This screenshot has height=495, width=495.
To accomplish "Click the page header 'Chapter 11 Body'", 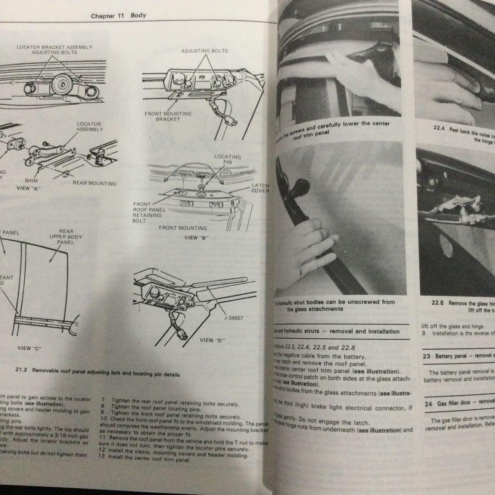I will pyautogui.click(x=118, y=16).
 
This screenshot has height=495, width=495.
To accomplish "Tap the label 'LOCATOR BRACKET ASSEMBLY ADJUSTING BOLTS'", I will pyautogui.click(x=55, y=50).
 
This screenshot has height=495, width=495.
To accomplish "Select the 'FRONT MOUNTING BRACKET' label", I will pyautogui.click(x=168, y=116).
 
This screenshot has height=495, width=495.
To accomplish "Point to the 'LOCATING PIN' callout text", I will pyautogui.click(x=227, y=159).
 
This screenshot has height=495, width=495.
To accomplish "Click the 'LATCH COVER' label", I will pyautogui.click(x=260, y=188).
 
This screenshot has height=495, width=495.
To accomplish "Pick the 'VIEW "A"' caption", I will pyautogui.click(x=29, y=188).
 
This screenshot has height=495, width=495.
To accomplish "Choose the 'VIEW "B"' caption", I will pyautogui.click(x=197, y=238).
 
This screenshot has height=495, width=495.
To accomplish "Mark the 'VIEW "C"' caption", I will pyautogui.click(x=29, y=348).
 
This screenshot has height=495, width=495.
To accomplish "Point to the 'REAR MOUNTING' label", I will pyautogui.click(x=94, y=183).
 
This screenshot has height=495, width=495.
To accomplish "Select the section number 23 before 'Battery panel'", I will pyautogui.click(x=426, y=356).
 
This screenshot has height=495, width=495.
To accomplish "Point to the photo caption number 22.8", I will pyautogui.click(x=437, y=303).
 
